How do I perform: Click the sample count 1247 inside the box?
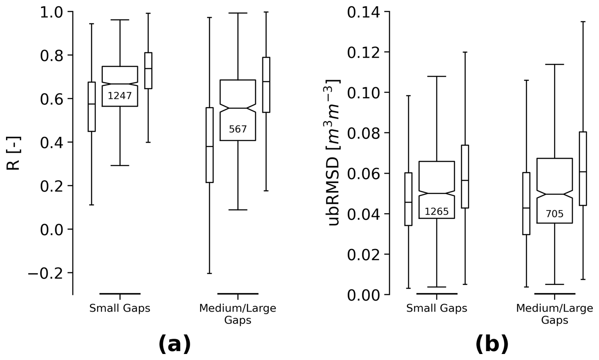pos(120,96)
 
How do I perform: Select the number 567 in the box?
pos(238,129)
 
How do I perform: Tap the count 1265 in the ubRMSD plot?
pos(437,211)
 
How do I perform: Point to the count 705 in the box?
pos(555,214)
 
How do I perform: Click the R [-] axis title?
pos(13,153)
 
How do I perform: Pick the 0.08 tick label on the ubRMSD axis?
pos(364,133)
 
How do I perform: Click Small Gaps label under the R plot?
pos(120,308)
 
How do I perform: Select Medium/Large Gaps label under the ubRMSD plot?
pos(555,314)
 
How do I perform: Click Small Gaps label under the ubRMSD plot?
pos(437,308)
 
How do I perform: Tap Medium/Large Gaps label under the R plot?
pos(238,314)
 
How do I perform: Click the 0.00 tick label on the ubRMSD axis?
pos(364,295)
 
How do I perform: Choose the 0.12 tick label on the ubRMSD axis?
pos(364,53)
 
